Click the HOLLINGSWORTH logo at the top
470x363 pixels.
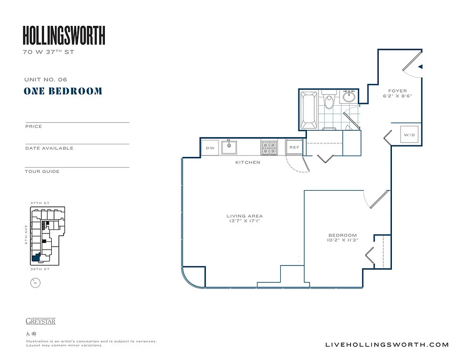(x=64, y=35)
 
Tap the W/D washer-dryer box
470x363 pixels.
(x=410, y=135)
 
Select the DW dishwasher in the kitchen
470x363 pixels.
(x=210, y=148)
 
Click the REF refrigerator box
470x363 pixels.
(x=294, y=147)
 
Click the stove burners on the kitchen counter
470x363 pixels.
(x=268, y=147)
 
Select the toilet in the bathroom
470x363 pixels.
(x=329, y=101)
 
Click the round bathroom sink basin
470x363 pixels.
(x=349, y=97)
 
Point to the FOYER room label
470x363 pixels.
(x=397, y=91)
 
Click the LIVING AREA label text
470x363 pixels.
(x=245, y=216)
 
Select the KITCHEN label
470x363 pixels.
(x=247, y=162)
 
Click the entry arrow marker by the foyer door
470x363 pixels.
(x=421, y=67)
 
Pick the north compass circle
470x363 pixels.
(x=35, y=283)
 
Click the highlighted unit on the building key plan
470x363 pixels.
(x=35, y=259)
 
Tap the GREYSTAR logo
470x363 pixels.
(x=40, y=321)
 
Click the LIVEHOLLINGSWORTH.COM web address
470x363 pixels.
(x=387, y=345)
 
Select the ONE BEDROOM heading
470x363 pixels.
(x=63, y=91)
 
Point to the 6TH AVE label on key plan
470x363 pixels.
(x=27, y=234)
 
